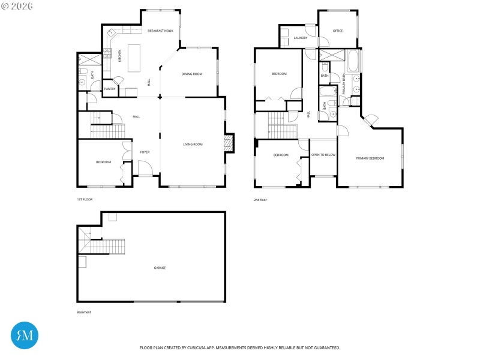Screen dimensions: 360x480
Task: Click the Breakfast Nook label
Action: click(160, 31)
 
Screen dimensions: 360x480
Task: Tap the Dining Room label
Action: click(192, 74)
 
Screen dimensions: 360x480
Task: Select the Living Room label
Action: click(193, 144)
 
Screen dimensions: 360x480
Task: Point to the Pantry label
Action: click(110, 89)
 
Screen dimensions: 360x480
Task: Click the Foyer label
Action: click(145, 152)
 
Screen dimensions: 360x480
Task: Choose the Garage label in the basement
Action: click(160, 268)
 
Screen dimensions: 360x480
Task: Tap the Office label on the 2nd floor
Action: click(338, 31)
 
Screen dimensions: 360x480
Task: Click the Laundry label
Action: click(301, 38)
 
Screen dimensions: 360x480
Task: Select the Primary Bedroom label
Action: click(370, 158)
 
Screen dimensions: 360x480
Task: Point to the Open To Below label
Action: click(323, 155)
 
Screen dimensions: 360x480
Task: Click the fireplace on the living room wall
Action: click(227, 143)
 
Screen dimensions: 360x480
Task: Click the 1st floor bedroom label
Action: click(103, 162)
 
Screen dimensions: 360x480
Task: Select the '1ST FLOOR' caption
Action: click(85, 199)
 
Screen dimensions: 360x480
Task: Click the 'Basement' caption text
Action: click(84, 312)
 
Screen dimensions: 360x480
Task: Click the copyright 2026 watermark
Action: click(17, 5)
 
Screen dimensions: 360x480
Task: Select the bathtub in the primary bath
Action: click(353, 61)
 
